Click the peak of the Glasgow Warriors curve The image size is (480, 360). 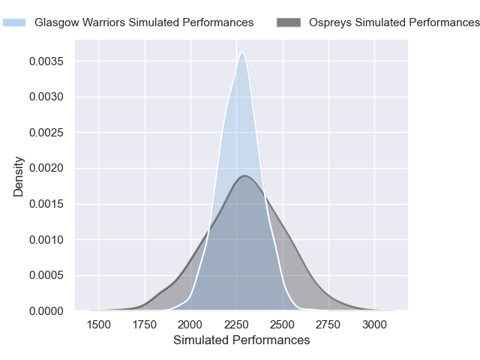(x=241, y=52)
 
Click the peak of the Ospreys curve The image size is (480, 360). (x=244, y=175)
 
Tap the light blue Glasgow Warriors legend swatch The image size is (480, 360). (x=14, y=22)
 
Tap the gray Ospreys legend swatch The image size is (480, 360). (x=289, y=22)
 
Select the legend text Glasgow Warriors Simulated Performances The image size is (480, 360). (x=144, y=22)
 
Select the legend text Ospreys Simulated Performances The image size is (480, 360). (x=394, y=22)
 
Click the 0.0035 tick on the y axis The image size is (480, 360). (x=52, y=61)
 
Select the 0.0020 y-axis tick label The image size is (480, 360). (x=52, y=168)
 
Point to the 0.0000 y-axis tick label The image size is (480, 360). (x=52, y=310)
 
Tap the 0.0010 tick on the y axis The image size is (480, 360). (x=52, y=239)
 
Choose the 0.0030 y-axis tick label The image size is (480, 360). (x=52, y=97)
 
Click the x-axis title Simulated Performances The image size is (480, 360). (x=241, y=340)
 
